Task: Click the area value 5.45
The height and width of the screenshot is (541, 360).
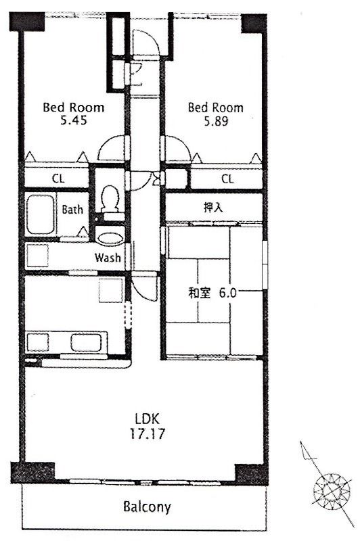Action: (74, 120)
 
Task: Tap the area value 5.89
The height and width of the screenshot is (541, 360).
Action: (216, 121)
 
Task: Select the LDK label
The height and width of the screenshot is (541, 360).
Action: (147, 419)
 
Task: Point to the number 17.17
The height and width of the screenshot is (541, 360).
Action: (148, 433)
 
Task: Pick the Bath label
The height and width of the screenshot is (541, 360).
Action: (72, 210)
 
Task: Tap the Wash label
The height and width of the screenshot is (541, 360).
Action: (108, 258)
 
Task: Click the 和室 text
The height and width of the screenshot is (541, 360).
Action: (199, 293)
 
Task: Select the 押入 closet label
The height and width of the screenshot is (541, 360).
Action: (213, 208)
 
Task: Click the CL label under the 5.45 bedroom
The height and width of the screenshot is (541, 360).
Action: (58, 179)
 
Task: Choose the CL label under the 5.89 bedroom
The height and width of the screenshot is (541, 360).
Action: (227, 179)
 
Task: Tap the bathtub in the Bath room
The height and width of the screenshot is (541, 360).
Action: (41, 214)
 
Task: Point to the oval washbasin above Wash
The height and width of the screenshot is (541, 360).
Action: (110, 239)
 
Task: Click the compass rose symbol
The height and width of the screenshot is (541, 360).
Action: (332, 490)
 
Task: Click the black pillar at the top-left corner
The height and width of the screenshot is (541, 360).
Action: (27, 22)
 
